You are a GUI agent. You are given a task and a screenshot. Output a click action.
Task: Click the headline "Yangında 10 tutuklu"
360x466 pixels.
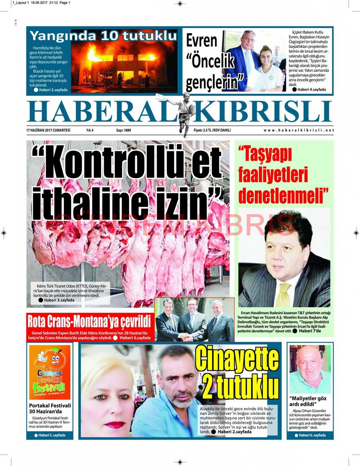[x=103, y=36]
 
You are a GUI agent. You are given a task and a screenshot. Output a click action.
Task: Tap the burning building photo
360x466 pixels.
[x=124, y=66]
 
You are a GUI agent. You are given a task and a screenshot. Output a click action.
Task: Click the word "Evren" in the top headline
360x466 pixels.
[x=202, y=41]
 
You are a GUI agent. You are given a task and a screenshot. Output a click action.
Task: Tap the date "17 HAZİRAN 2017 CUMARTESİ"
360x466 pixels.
[x=48, y=130]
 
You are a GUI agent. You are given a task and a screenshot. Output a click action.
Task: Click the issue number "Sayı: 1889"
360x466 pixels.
[x=124, y=130]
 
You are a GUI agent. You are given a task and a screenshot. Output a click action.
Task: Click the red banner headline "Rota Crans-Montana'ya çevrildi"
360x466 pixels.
[x=88, y=321]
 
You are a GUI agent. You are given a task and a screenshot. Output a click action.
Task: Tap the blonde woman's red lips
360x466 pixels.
[x=115, y=424]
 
